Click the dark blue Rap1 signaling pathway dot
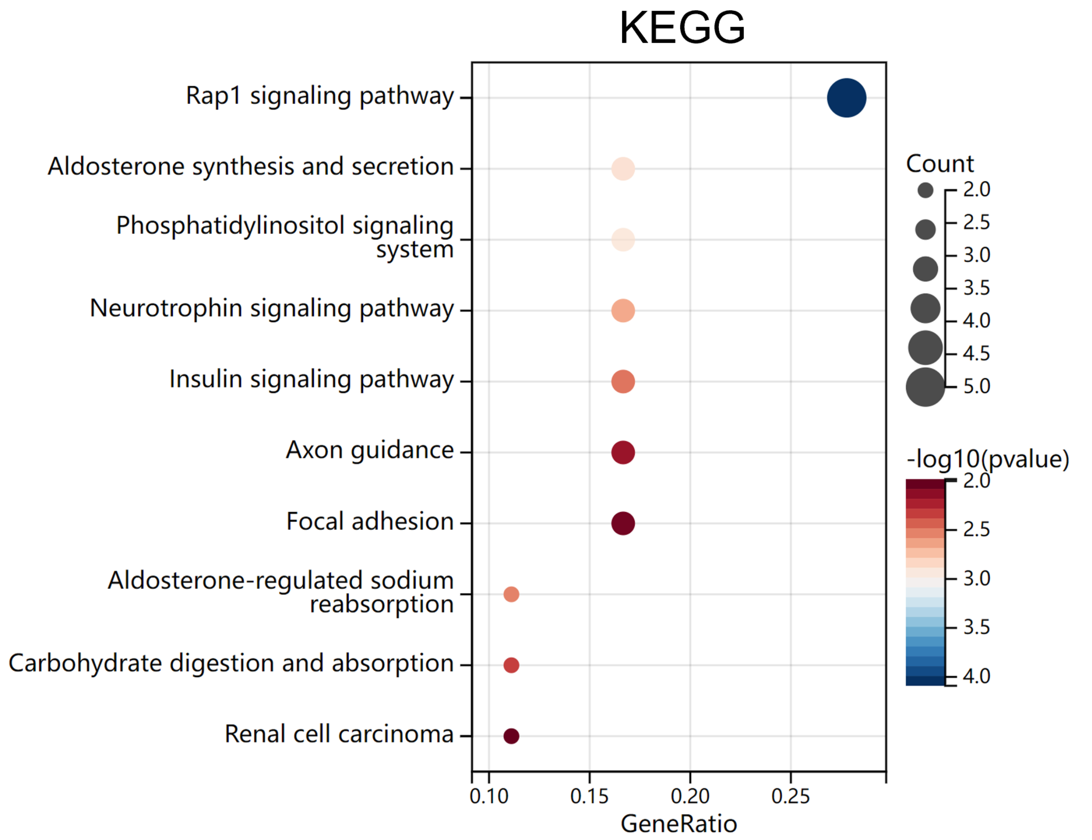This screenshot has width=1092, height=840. tap(847, 98)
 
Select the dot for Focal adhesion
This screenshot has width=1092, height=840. tap(623, 523)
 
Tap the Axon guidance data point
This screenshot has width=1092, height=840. tap(623, 453)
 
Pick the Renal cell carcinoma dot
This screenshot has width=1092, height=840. tap(511, 736)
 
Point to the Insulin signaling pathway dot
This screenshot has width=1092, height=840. tap(623, 382)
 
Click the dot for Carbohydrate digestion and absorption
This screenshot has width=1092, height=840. tap(511, 665)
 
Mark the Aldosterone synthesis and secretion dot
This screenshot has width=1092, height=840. tap(623, 169)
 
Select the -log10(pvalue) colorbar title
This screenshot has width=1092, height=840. tap(988, 459)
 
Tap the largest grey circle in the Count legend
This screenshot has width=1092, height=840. tap(926, 387)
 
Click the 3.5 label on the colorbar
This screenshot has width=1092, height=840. tap(977, 627)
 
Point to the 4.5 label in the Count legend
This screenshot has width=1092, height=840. tap(977, 353)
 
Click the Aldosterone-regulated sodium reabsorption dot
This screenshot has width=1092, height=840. tap(511, 595)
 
